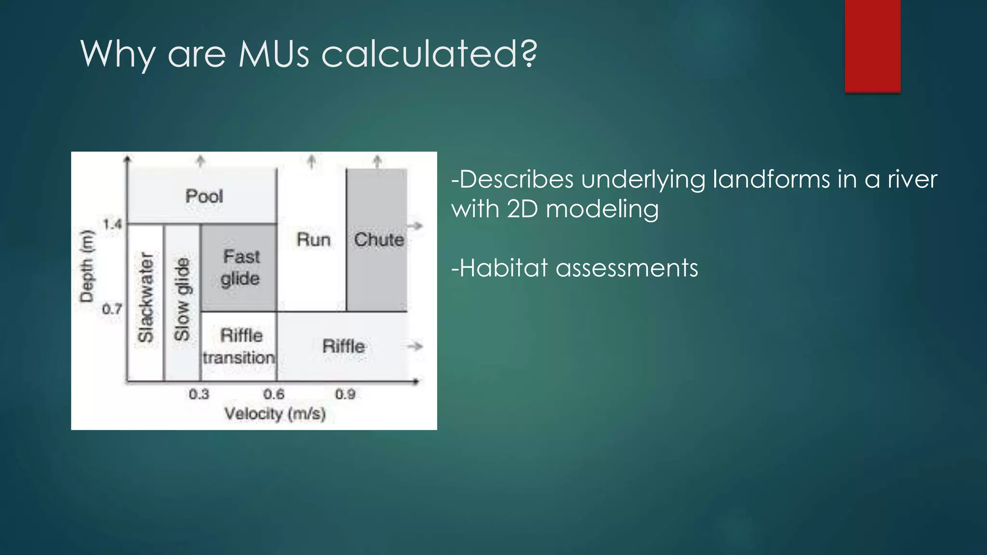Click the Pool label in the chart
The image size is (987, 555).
point(204,196)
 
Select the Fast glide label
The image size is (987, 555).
point(240,267)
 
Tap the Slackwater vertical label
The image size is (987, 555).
point(145,297)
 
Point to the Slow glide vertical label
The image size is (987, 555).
point(182,299)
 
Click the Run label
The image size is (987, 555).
point(313,239)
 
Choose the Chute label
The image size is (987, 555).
point(379,239)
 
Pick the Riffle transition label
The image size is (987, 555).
point(240,346)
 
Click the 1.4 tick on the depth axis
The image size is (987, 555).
point(112,224)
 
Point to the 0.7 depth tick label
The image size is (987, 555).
point(112,309)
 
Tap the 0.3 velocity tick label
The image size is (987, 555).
point(199,395)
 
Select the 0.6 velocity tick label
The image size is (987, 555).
point(274,395)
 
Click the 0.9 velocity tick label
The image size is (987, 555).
point(345,395)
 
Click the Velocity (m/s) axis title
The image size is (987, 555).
point(275,414)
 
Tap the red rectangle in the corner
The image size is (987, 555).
point(872,46)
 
